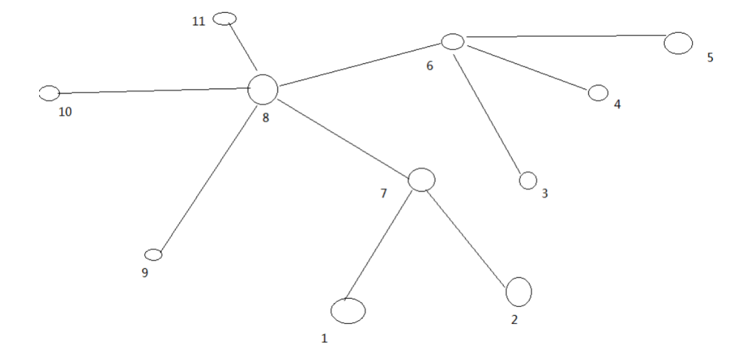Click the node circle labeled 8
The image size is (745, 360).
(263, 89)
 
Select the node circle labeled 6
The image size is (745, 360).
(452, 42)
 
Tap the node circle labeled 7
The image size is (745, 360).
(422, 179)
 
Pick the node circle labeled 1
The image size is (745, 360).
(348, 311)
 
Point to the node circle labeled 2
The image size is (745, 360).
(519, 291)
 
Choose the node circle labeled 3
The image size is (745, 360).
(528, 181)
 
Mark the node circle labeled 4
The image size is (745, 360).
(598, 93)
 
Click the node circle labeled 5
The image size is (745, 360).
(679, 43)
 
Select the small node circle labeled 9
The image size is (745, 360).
(153, 255)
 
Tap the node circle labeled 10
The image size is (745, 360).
(49, 93)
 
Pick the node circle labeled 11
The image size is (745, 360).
(224, 19)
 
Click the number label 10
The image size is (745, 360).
(65, 112)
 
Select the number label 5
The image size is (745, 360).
(710, 57)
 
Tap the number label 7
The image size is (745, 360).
(383, 193)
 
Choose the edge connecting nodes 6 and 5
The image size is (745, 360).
(565, 37)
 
